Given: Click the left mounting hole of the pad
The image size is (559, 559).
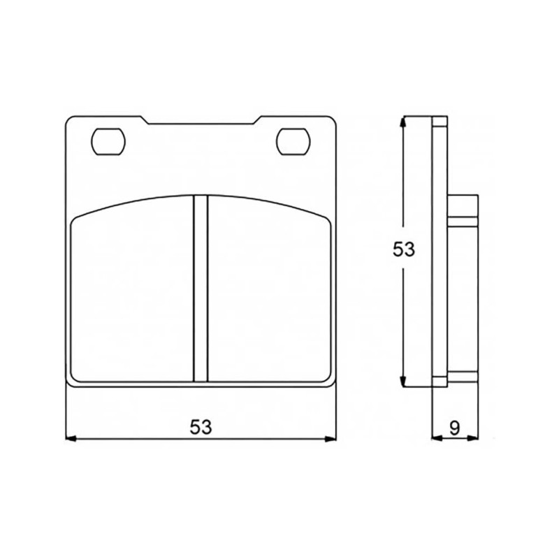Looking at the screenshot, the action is point(109,142).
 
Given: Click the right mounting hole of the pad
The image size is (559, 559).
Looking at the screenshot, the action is point(293,142).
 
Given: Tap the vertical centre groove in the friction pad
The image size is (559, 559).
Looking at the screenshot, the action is point(201,288).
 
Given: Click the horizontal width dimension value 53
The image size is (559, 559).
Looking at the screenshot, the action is point(201,428).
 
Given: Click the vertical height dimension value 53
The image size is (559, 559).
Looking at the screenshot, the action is point(404,249).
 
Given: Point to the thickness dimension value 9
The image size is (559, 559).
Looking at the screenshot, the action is point(454,428).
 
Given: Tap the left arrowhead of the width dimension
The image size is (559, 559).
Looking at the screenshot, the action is point(71,439).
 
